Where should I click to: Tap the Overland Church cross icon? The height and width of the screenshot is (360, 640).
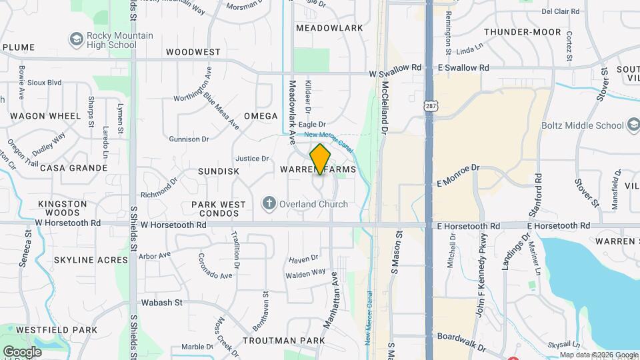[x=269, y=203]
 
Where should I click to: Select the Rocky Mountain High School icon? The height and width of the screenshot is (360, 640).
[x=78, y=40]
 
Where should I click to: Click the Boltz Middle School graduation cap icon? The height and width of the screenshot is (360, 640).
[x=633, y=125]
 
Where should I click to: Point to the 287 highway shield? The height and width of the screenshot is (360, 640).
[x=431, y=106]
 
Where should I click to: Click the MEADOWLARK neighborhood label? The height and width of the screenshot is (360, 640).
[x=329, y=28]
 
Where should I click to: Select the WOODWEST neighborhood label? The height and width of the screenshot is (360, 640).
[x=193, y=52]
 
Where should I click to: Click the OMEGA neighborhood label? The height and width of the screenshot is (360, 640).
[x=261, y=116]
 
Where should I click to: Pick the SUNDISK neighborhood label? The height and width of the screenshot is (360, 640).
[x=218, y=171]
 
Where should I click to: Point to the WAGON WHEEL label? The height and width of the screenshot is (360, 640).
[x=45, y=116]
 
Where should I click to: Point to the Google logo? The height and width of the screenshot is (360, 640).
[x=22, y=351]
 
